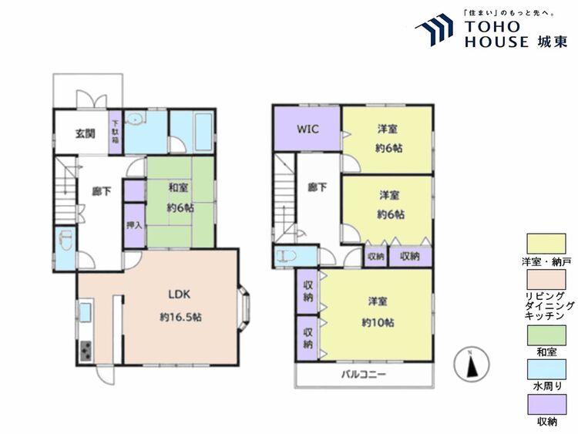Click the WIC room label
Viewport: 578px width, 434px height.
click(x=307, y=130)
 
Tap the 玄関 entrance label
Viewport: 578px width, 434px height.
click(x=86, y=133)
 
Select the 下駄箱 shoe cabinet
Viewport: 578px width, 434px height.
click(x=115, y=132)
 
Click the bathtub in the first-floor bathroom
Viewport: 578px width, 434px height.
click(x=203, y=131)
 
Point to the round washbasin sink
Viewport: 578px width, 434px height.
click(x=136, y=119)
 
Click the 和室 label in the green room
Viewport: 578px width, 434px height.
click(x=179, y=187)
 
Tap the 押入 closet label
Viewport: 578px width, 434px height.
click(x=134, y=225)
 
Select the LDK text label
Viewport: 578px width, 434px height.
click(x=179, y=294)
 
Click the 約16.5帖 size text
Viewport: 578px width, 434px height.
click(x=180, y=317)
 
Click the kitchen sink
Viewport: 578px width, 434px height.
click(x=86, y=312)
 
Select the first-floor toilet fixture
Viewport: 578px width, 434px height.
click(x=66, y=240)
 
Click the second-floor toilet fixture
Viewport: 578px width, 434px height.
click(x=287, y=256)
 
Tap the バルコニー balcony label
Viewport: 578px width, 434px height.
click(x=364, y=375)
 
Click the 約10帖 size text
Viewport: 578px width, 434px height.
click(x=378, y=323)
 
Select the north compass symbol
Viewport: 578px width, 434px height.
click(x=472, y=364)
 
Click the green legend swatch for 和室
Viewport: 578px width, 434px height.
click(x=546, y=335)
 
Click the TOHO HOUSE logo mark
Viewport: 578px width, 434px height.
click(x=434, y=30)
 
